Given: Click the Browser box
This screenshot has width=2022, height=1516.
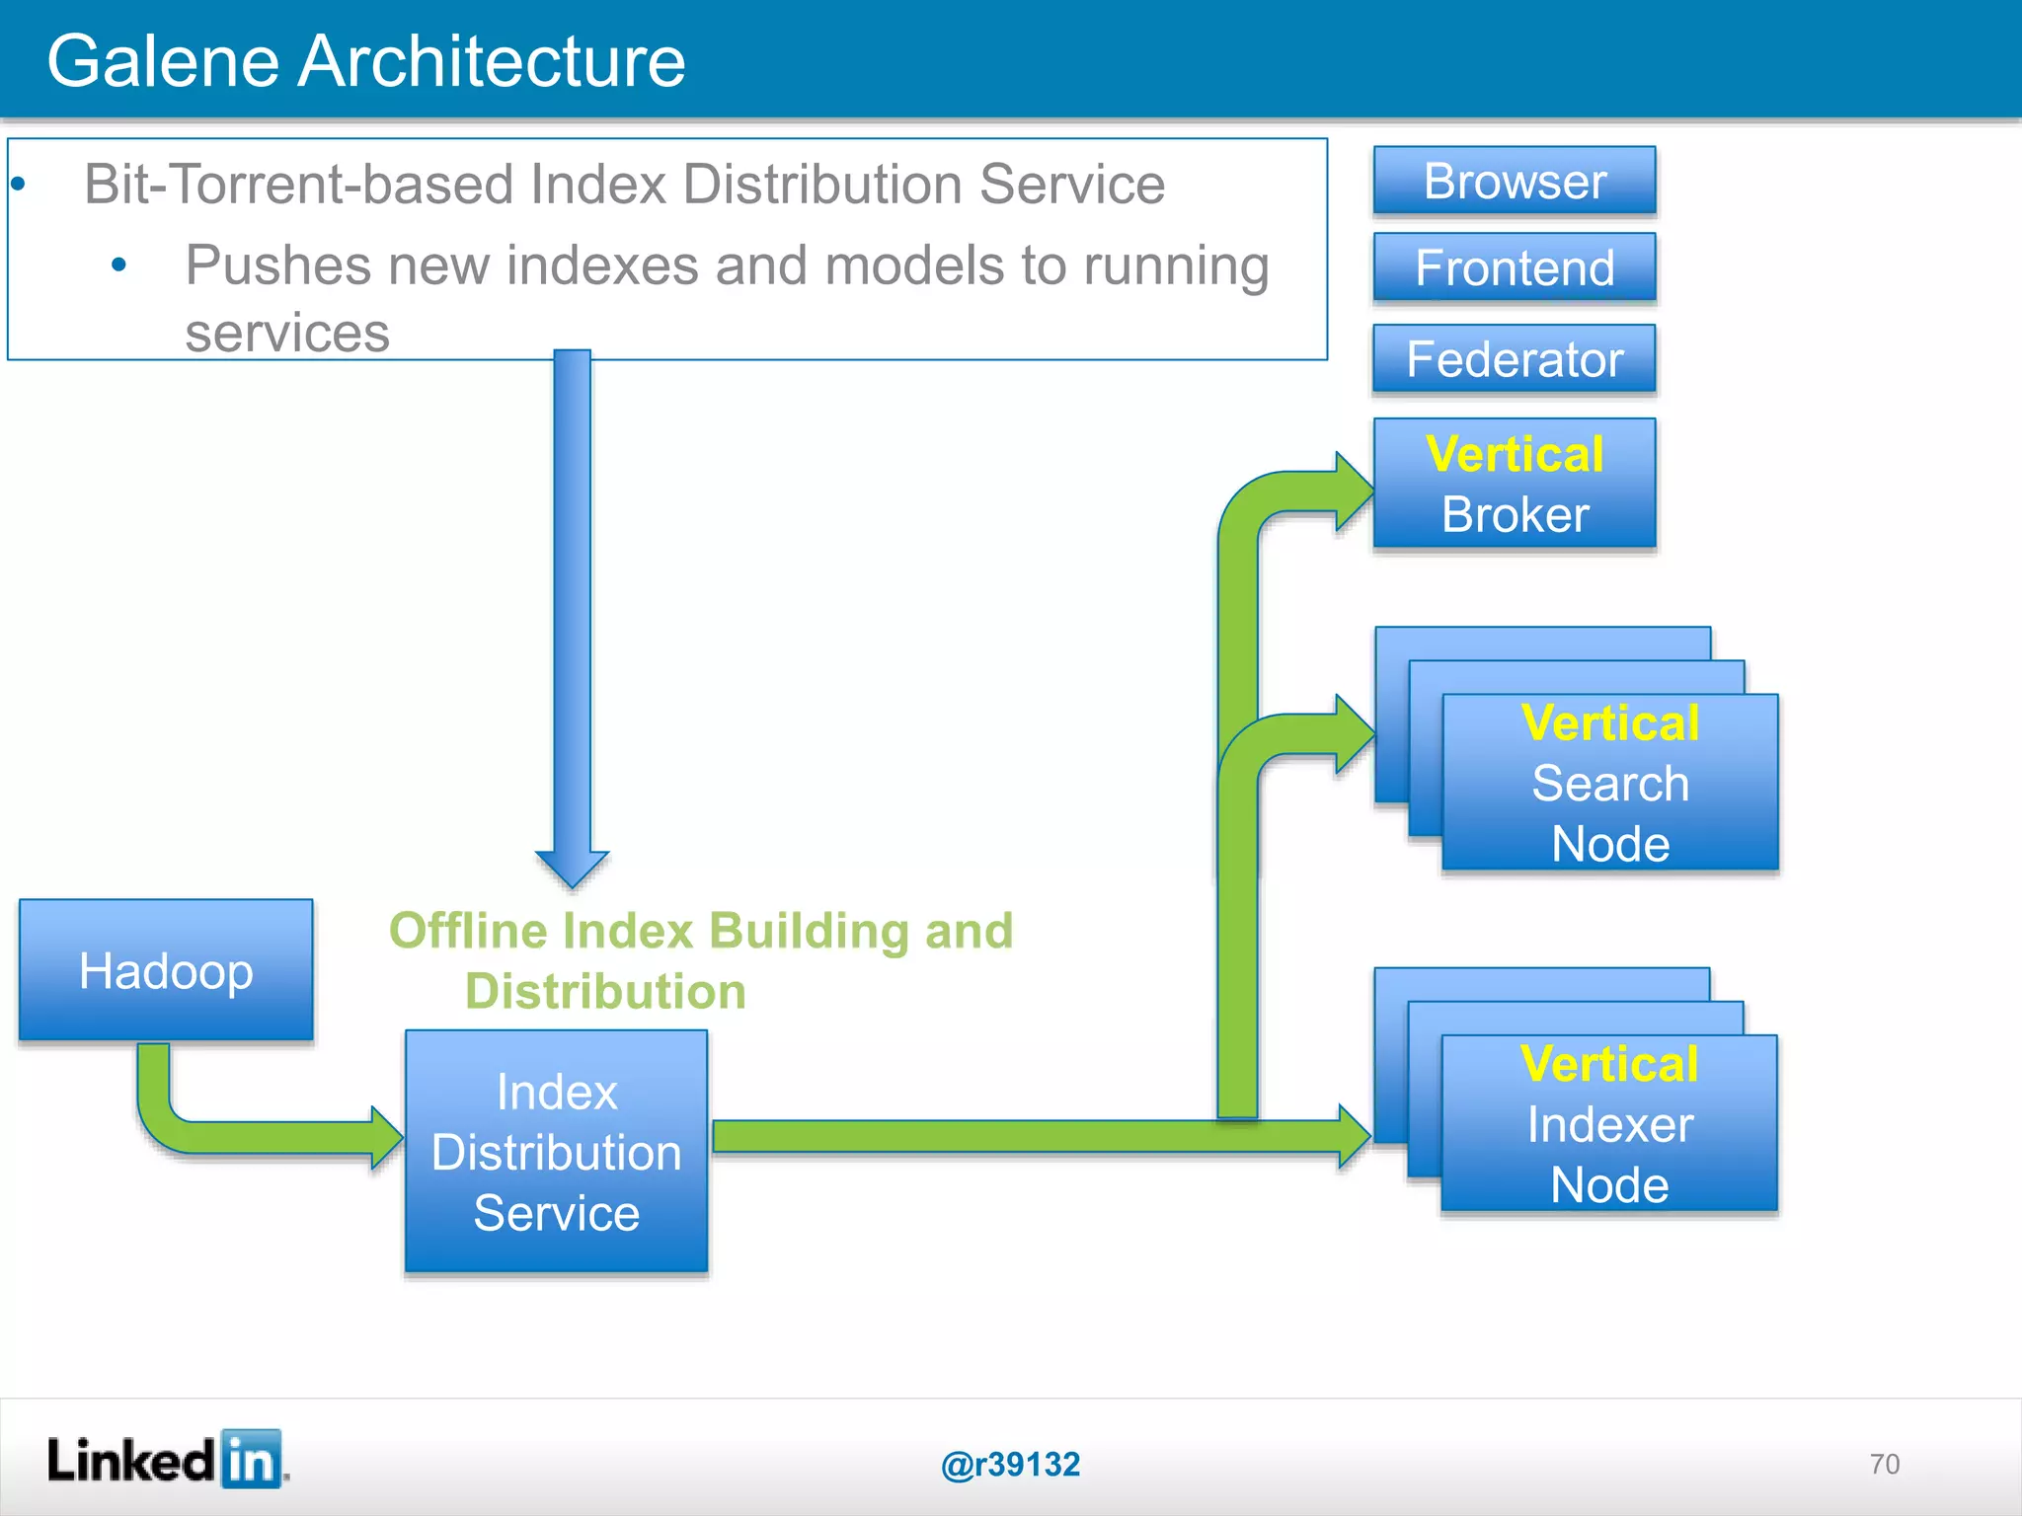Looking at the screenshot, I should coord(1514,182).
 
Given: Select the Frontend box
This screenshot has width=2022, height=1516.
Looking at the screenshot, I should coord(1514,267).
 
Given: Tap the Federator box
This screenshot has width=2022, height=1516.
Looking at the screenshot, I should coord(1514,359).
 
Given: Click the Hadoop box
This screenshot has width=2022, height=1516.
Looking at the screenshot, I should coord(166,970).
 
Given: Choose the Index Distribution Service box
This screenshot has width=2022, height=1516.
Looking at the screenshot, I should coord(556,1152).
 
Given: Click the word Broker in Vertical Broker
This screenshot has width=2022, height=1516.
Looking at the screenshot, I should coord(1515,515).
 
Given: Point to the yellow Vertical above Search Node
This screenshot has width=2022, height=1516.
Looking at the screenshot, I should coord(1609,723).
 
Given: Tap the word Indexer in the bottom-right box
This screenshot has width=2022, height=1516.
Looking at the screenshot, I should coord(1609,1125).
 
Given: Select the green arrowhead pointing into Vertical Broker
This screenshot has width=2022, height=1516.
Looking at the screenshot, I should coord(1355,492).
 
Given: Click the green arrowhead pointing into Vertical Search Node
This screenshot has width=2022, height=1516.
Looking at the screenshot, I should coord(1355,734).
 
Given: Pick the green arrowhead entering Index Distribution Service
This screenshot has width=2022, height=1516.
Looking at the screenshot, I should coord(387,1137).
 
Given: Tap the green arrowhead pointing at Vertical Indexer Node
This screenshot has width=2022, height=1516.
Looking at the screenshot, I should coord(1355,1137).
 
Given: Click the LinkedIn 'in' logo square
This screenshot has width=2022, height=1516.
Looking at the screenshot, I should coord(251,1459).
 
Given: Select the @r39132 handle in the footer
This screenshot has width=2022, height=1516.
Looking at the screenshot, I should coord(1010,1465).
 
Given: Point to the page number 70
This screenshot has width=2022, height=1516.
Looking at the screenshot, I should coord(1884,1465).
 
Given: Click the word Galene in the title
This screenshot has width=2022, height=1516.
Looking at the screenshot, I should coord(163,61).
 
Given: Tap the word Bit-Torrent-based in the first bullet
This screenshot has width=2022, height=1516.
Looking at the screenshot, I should coord(297,185).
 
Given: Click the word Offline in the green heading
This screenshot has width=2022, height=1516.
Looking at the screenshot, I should coord(468,931).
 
